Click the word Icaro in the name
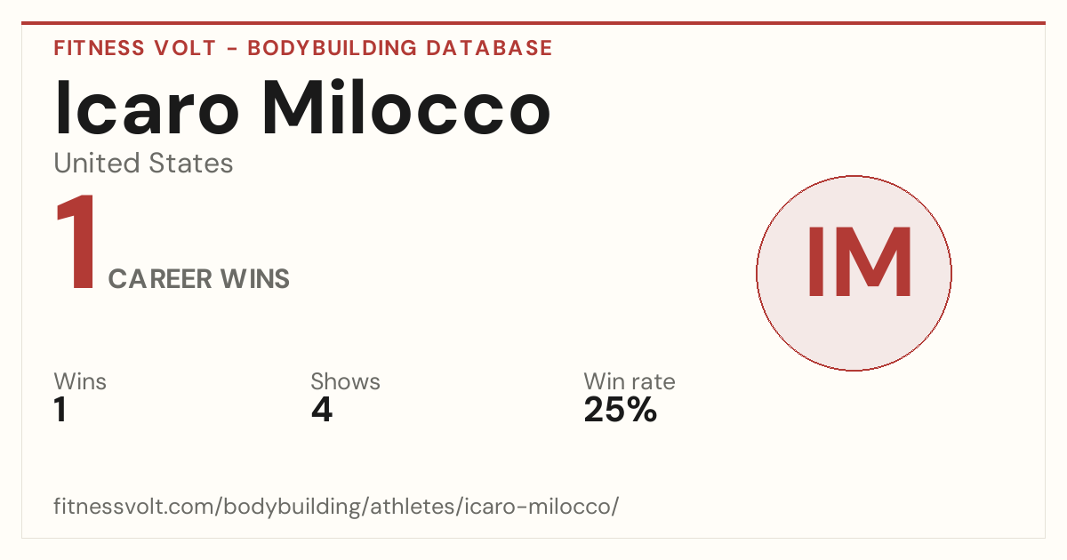147,108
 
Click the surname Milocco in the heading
406,107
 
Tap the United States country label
143,163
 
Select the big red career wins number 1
76,242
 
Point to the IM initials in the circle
859,262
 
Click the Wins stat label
80,381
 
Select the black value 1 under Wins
60,410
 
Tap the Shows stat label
345,381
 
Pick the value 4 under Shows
322,410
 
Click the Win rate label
630,381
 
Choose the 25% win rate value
621,410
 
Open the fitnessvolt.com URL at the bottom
336,506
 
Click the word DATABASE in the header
489,48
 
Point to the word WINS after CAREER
255,278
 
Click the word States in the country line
190,163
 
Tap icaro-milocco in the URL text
538,506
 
